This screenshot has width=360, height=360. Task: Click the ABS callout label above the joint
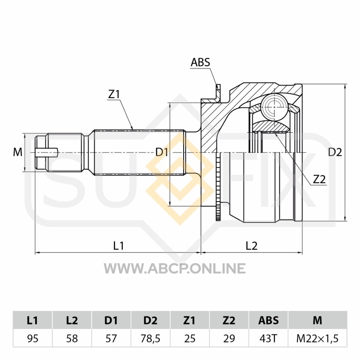[200, 62]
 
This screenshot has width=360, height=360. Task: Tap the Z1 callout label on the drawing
[114, 94]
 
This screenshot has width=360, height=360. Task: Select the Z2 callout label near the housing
[319, 179]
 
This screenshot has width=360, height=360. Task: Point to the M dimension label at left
[18, 152]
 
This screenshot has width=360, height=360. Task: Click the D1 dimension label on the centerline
[162, 152]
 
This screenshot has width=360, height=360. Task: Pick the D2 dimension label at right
[335, 152]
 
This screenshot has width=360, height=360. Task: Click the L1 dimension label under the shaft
[119, 246]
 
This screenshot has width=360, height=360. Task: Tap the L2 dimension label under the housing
[252, 246]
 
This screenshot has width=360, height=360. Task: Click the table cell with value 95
[32, 338]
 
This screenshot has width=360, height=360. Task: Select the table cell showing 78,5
[150, 338]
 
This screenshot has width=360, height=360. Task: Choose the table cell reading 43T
[268, 338]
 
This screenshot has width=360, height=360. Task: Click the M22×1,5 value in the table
[318, 338]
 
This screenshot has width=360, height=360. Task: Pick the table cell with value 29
[229, 338]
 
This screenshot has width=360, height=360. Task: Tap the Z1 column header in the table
[189, 320]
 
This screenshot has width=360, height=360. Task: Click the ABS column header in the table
[268, 320]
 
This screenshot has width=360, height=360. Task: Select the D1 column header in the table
[111, 320]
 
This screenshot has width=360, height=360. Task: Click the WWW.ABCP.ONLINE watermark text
[175, 268]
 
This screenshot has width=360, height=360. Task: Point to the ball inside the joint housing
[275, 107]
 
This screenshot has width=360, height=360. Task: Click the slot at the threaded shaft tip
[47, 153]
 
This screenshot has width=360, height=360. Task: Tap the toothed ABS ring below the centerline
[218, 186]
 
